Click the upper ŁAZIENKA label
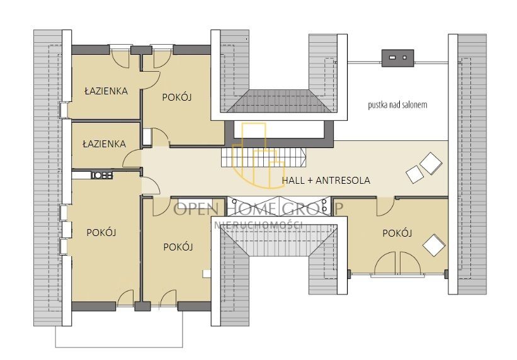tap(106, 91)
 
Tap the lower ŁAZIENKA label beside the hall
tap(104, 143)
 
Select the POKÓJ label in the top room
tap(177, 98)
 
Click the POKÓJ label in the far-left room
tap(101, 232)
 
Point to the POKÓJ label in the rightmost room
tap(397, 233)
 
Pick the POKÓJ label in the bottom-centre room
tap(178, 247)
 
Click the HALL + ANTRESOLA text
tap(326, 181)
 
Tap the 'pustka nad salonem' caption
tap(397, 105)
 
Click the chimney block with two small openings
tap(397, 58)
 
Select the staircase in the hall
tap(263, 157)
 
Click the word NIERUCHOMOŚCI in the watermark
tap(258, 225)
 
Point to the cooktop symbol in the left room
tap(102, 175)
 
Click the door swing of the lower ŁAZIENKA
tap(132, 158)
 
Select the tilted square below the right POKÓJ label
tap(435, 245)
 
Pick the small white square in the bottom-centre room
tap(207, 273)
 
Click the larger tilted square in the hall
tap(431, 163)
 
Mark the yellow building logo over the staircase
tap(258, 155)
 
